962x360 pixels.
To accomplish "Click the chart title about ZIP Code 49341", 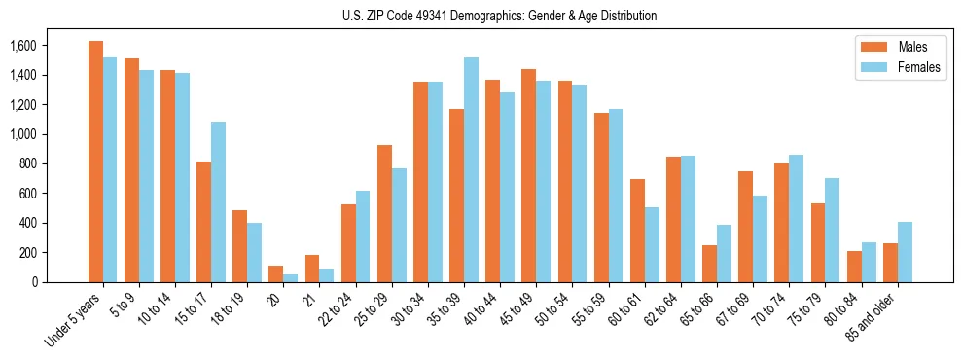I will (x=499, y=16).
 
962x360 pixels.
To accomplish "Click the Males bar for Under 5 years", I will (x=95, y=162).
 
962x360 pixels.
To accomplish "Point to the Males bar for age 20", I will (x=276, y=273).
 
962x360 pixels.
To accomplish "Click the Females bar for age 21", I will (x=327, y=275).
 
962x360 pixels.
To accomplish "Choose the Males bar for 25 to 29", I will (x=384, y=213).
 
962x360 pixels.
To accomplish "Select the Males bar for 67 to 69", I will (x=746, y=227).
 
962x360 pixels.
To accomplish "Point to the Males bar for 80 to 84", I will (x=855, y=267).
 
